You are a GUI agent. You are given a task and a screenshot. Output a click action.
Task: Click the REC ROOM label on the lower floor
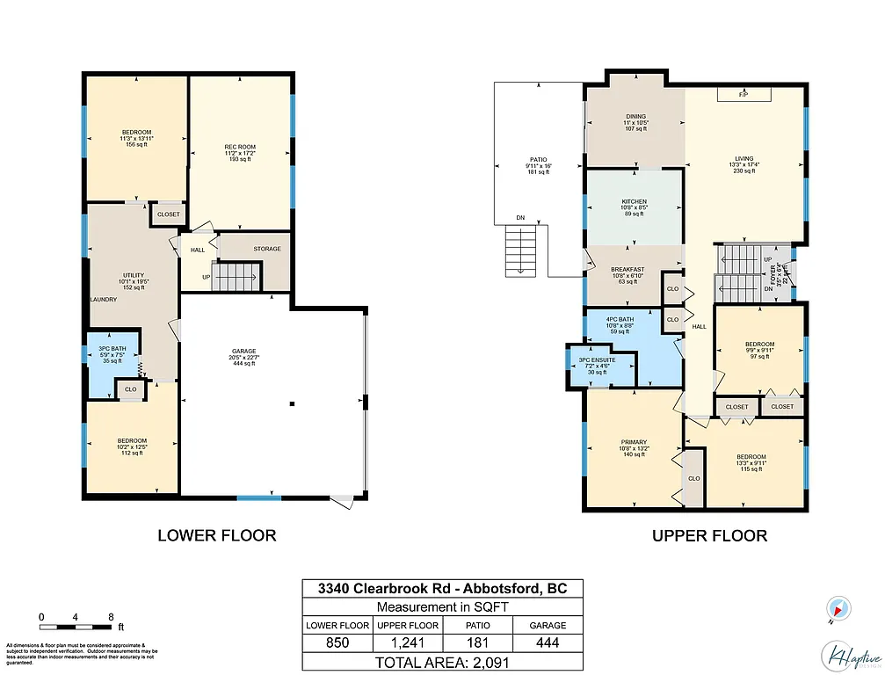239,147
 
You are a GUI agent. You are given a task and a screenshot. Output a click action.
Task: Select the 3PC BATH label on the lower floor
113,336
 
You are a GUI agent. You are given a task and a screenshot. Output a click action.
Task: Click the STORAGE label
267,249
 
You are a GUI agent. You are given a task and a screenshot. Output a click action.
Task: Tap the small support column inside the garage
292,404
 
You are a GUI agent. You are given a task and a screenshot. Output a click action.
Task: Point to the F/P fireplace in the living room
743,94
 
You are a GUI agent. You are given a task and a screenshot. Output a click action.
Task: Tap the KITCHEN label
634,201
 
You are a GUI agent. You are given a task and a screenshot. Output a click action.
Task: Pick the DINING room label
636,117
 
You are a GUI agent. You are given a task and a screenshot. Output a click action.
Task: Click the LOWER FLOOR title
216,534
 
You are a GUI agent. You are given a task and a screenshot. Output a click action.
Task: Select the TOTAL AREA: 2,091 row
442,662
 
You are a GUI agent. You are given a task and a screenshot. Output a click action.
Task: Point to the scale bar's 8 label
111,617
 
